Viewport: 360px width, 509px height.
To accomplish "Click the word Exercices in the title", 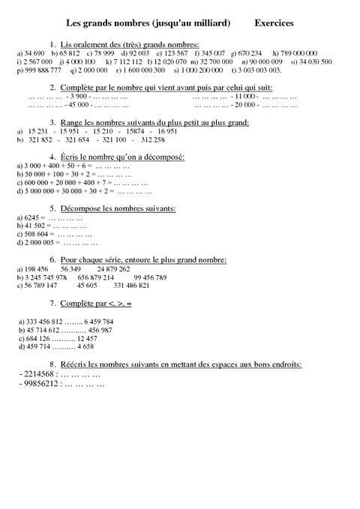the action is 274,24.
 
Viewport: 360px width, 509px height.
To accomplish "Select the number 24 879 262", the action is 113,268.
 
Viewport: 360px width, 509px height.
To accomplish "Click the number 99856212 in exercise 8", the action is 29,382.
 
